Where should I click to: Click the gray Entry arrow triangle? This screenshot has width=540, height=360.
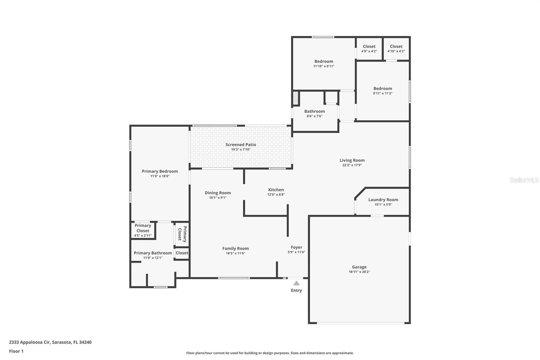point(296,283)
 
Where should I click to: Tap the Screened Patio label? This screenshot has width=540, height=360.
point(241,145)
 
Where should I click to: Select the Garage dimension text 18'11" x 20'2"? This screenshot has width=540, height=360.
point(359,272)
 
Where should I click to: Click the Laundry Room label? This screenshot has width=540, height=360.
point(383,200)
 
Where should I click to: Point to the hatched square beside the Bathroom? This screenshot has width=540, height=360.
point(295,98)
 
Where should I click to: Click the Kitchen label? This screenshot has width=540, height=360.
point(276,190)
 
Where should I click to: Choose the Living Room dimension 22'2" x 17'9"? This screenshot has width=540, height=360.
point(352,165)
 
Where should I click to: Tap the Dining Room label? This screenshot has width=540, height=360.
point(218,193)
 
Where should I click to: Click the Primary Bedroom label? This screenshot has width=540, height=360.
point(160,171)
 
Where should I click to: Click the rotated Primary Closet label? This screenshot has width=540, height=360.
point(182,234)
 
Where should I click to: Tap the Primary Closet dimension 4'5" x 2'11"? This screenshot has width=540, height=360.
point(143,235)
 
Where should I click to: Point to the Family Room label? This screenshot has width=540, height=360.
point(235,249)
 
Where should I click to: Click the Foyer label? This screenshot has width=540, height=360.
point(296,247)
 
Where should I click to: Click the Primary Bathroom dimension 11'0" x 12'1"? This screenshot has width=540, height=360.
point(153,258)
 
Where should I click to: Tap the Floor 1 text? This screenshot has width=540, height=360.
point(16,351)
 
